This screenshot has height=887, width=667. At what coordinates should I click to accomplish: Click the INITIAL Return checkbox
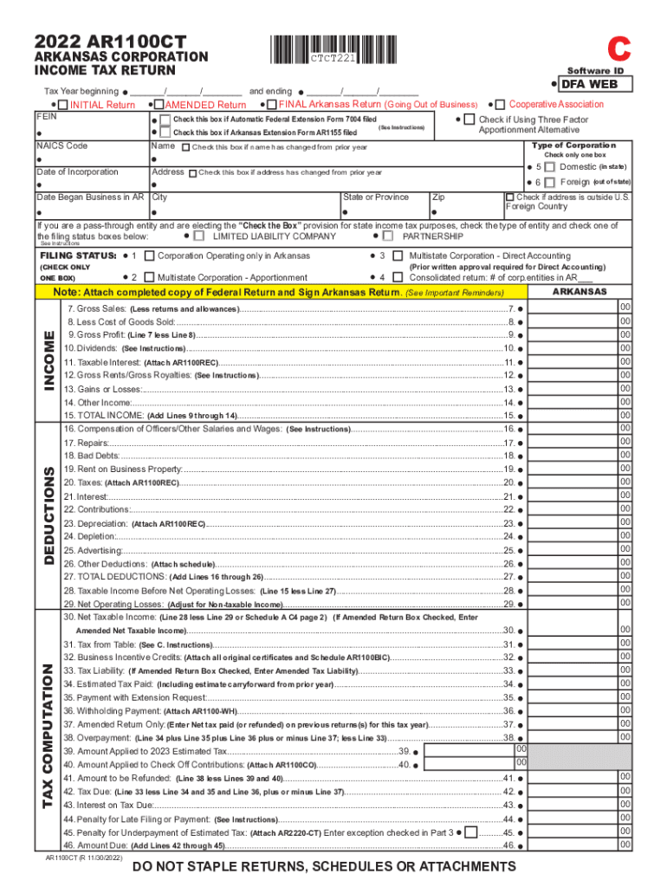pos(63,105)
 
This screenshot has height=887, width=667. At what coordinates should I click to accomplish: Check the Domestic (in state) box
pos(549,166)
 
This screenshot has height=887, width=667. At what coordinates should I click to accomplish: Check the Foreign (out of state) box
pos(549,183)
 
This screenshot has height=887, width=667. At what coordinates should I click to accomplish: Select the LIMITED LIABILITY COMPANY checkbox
pos(200,236)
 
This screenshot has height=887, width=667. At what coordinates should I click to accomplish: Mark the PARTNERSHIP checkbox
pos(387,236)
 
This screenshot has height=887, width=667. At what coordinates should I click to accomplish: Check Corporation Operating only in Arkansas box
pos(150,256)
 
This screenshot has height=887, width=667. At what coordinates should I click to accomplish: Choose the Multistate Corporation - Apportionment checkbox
pos(150,277)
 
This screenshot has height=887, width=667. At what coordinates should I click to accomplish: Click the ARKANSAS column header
pos(580,292)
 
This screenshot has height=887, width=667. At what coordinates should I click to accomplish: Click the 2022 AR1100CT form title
pos(109,41)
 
